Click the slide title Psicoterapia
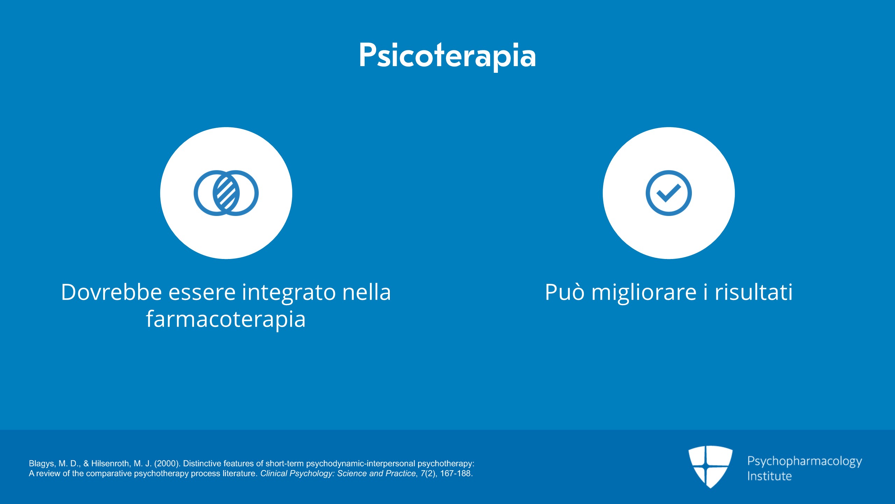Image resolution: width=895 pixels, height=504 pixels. [447, 56]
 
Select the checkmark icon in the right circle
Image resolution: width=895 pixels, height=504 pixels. [668, 193]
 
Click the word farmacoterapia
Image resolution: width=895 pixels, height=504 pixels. [226, 319]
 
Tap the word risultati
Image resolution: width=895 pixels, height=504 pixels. [753, 292]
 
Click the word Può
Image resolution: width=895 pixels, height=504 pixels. [565, 292]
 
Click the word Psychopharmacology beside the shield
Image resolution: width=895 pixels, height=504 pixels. [804, 461]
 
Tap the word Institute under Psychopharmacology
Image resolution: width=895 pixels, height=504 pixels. [769, 476]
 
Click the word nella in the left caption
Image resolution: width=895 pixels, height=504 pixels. [366, 292]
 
